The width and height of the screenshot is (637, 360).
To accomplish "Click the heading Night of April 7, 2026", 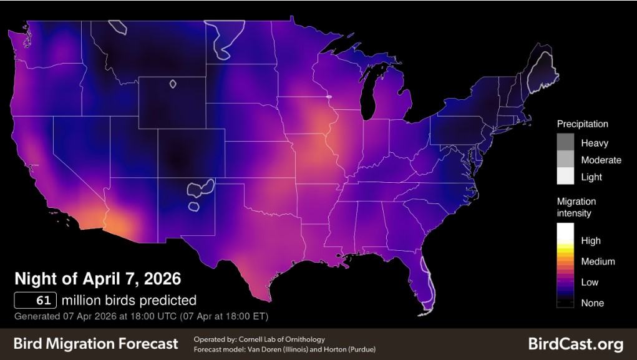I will tap(97, 278).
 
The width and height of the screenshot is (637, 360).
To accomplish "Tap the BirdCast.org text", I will tap(575, 344).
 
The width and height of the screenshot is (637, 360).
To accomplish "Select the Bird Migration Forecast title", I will tap(95, 344).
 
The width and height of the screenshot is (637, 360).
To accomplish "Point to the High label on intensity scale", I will tap(590, 241).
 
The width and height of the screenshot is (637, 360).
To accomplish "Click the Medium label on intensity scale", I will tap(598, 261).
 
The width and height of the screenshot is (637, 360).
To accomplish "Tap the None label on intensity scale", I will tap(592, 303).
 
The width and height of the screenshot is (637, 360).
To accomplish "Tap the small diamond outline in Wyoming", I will tap(173, 83).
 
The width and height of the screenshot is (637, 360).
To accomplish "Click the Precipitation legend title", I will tap(582, 124).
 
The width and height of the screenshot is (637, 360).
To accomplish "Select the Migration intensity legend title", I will tap(576, 207).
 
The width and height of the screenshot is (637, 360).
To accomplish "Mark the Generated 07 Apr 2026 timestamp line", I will tap(141, 316).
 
